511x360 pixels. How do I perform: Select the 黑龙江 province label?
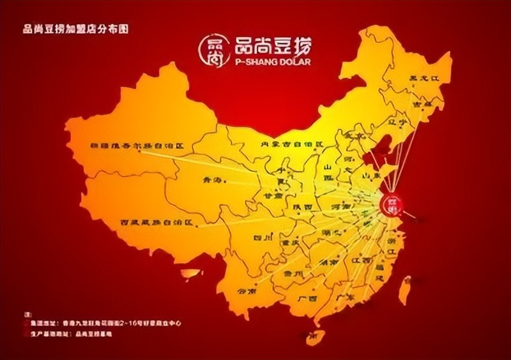[424, 80]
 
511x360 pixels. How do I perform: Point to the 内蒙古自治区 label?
[293, 144]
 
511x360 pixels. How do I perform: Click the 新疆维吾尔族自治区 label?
[137, 146]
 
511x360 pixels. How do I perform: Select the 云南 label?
[247, 291]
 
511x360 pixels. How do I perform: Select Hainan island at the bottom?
[311, 334]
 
